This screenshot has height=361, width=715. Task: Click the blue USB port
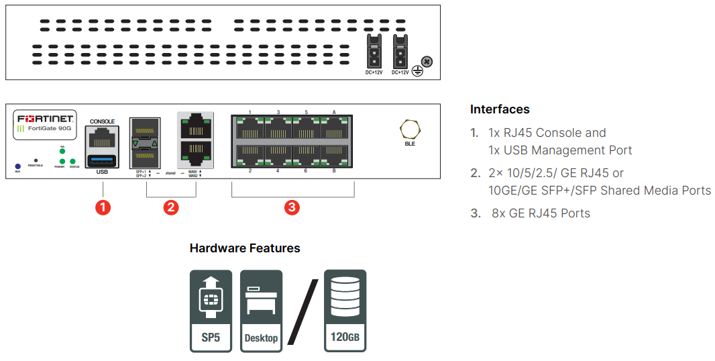point(102,160)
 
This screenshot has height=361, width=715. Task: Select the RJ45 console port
point(102,139)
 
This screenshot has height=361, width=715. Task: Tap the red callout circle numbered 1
point(102,207)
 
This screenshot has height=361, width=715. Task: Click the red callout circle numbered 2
point(171,207)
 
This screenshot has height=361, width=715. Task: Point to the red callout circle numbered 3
point(292,207)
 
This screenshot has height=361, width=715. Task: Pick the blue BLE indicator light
point(17,165)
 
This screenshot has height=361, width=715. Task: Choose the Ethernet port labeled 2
point(250,155)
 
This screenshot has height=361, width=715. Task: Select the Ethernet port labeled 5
point(307,127)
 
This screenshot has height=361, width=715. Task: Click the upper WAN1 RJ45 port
point(195,126)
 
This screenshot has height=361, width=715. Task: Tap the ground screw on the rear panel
point(427,62)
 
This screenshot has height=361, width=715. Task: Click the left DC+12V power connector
point(374,52)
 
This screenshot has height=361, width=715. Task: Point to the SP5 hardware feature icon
point(211,311)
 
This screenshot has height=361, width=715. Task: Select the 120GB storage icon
point(345,311)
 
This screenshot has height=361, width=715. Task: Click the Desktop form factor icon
point(261,311)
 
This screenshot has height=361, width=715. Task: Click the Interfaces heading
point(500,109)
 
